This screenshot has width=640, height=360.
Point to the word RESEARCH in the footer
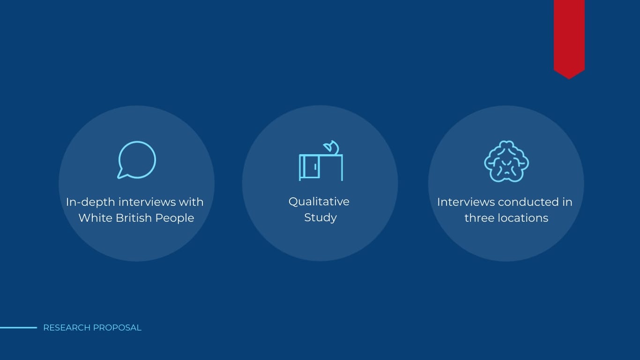67,328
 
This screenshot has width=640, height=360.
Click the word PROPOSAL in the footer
117,328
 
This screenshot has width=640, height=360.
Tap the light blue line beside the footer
19,328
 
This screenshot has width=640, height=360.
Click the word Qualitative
319,202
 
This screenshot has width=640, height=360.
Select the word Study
320,218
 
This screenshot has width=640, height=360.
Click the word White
96,218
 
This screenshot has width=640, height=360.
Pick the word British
134,218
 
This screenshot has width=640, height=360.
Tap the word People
175,218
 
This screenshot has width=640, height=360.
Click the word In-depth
90,202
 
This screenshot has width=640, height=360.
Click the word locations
523,218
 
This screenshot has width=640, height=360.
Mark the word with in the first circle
191,202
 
